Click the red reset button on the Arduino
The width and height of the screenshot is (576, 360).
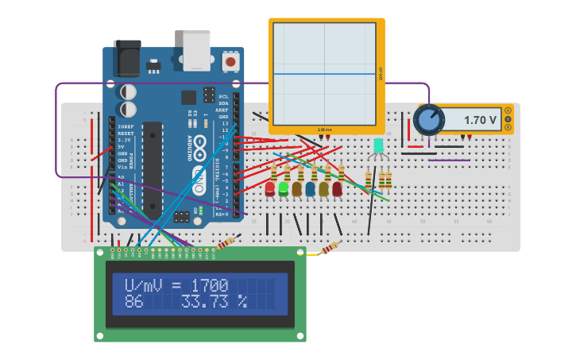[x=230, y=61]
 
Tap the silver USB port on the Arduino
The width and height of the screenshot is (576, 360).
[x=197, y=50]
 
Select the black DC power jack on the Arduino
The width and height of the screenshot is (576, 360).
[x=127, y=58]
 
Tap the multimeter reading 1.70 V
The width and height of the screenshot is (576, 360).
[x=480, y=120]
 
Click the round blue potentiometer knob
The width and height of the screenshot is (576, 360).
[x=429, y=120]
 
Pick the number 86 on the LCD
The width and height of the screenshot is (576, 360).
[x=133, y=302]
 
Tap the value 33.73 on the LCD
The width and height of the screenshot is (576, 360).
[x=207, y=302]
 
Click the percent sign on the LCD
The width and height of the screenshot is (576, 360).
[x=242, y=302]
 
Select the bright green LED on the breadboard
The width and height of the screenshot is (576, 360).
[x=283, y=188]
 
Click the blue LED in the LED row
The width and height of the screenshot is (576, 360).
[x=310, y=188]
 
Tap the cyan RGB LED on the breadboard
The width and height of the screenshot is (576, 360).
[x=378, y=145]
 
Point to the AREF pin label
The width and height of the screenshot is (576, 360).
[x=223, y=110]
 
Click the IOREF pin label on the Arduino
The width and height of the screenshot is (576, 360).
[x=126, y=126]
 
